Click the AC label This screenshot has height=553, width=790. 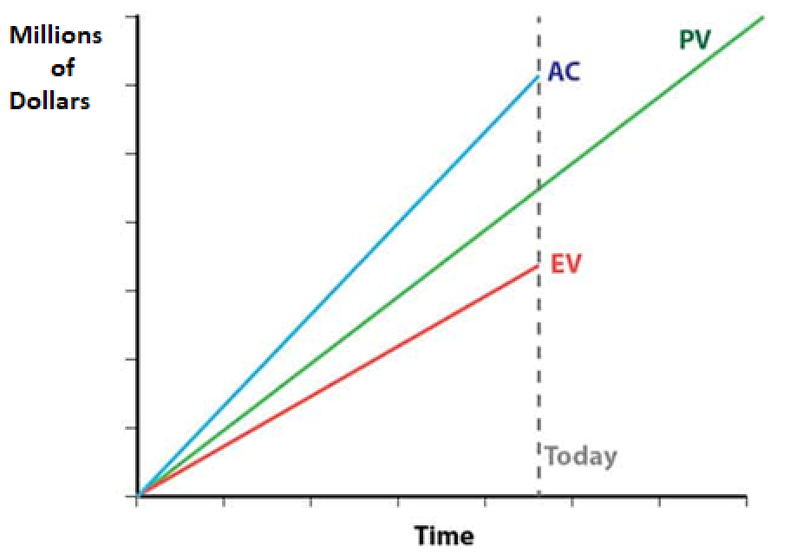[564, 72]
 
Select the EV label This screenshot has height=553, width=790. [565, 263]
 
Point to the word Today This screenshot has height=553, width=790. [581, 456]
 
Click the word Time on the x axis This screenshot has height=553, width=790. [444, 536]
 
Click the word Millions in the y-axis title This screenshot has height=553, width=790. [55, 36]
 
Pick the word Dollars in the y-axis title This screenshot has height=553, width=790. [50, 101]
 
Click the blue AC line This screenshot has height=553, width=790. [338, 286]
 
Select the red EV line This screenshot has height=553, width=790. [338, 381]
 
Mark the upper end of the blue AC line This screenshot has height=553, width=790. [538, 76]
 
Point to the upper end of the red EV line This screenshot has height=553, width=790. [538, 265]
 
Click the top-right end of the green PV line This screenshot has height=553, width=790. [763, 16]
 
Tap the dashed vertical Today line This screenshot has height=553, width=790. [539, 364]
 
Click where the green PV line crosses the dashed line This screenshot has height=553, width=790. [539, 185]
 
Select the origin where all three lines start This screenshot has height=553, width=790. [139, 496]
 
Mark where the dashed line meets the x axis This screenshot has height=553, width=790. [539, 496]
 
